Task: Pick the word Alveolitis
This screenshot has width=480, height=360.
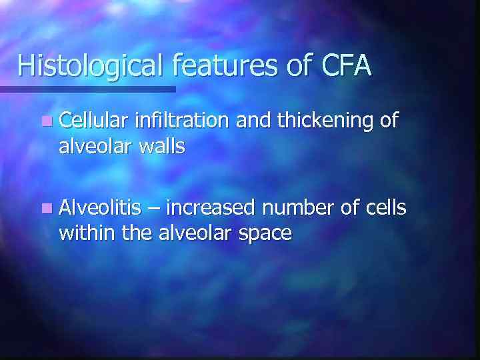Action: pos(100,208)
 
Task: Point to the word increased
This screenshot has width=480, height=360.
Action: pos(210,209)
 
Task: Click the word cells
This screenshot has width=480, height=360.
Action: pos(387,208)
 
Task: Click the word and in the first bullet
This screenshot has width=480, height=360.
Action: pos(252,121)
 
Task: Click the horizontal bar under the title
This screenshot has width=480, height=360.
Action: pos(87,89)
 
